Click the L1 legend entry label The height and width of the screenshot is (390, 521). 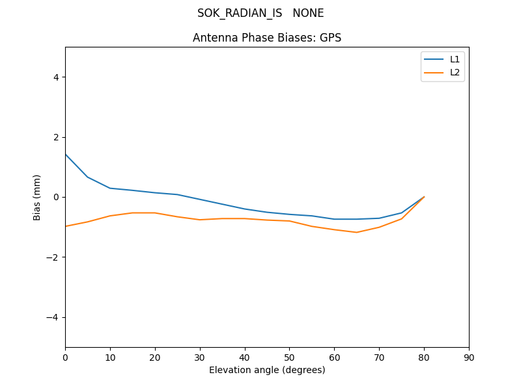click(455, 59)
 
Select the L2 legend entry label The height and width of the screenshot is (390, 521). click(455, 72)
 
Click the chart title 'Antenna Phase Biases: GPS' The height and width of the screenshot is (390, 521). click(267, 38)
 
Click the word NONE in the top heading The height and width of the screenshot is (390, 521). click(308, 13)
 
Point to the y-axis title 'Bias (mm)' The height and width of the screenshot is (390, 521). click(37, 197)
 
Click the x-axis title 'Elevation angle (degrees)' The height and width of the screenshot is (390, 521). click(267, 370)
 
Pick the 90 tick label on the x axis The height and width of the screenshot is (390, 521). click(469, 357)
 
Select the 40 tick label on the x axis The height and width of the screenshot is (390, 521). click(245, 357)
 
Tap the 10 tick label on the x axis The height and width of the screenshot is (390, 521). click(110, 357)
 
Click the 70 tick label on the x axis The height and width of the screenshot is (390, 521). click(379, 357)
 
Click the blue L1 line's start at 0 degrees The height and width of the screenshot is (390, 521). click(66, 154)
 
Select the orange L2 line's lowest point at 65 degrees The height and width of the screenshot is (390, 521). click(357, 232)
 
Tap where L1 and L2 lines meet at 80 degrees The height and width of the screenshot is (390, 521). click(424, 196)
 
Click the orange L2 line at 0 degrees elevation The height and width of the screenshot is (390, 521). click(66, 226)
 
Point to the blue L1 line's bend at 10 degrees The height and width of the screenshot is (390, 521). click(110, 188)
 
